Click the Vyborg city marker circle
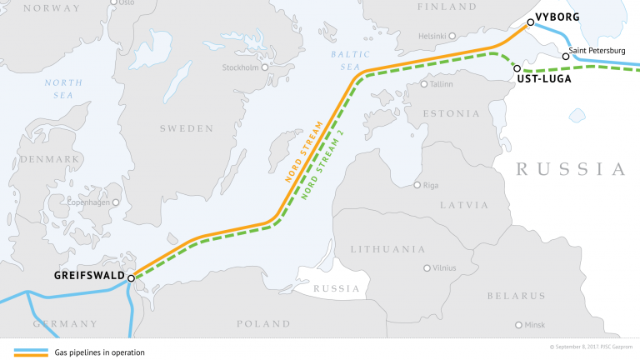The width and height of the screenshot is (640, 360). pyautogui.click(x=531, y=23)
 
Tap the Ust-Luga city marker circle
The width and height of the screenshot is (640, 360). pyautogui.click(x=517, y=68)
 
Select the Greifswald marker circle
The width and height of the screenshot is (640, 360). pyautogui.click(x=131, y=277)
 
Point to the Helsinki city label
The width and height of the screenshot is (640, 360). pyautogui.click(x=432, y=36)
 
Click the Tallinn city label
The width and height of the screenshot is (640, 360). pyautogui.click(x=441, y=84)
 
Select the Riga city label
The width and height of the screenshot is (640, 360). pyautogui.click(x=431, y=185)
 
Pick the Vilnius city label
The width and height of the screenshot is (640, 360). pyautogui.click(x=442, y=268)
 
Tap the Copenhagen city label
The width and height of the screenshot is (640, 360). pyautogui.click(x=90, y=202)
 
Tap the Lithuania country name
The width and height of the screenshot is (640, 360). pyautogui.click(x=387, y=249)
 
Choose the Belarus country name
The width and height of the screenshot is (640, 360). pyautogui.click(x=516, y=296)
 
